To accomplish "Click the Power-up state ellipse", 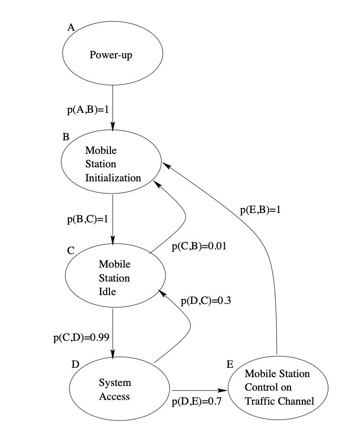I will [113, 55].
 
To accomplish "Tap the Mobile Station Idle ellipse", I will [114, 278].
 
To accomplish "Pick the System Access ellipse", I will [119, 390].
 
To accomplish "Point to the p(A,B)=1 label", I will [88, 110].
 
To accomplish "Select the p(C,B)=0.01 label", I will [199, 247].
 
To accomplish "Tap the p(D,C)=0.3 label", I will [206, 301].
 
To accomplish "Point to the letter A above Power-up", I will [71, 28].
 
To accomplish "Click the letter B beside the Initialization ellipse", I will [66, 138].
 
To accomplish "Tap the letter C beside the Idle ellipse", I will [71, 250].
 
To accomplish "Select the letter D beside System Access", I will [75, 364].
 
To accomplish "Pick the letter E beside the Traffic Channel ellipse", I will [230, 364].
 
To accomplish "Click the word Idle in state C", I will [107, 291].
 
